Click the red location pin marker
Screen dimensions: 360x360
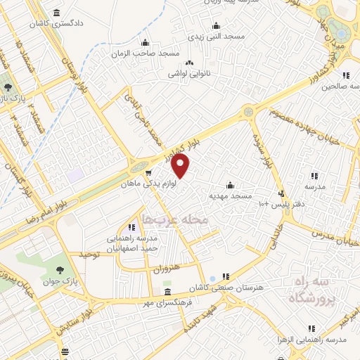pos(181,166)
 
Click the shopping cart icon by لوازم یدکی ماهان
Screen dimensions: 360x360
pos(148,172)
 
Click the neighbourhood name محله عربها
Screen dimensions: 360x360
pos(175,220)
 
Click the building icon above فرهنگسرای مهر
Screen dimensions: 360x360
pos(167,292)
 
